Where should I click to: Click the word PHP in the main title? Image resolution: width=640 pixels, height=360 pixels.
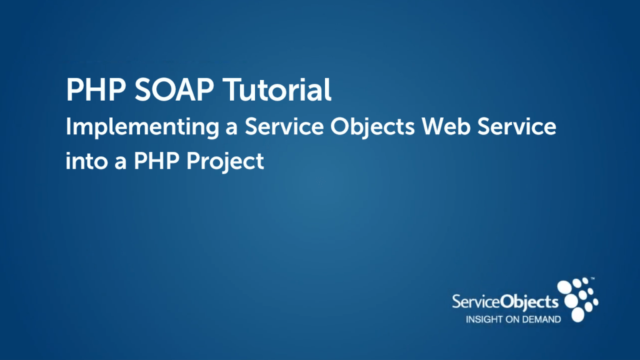(96, 89)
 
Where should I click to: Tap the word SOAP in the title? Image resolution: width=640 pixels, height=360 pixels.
(174, 89)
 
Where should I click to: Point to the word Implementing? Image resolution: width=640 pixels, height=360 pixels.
(142, 127)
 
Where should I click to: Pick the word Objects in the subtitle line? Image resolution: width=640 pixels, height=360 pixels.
(372, 127)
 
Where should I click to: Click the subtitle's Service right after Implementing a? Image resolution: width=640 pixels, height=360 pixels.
(284, 126)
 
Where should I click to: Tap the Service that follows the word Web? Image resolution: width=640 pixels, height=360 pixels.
(516, 126)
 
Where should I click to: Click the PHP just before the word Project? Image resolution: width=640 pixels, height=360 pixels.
(157, 161)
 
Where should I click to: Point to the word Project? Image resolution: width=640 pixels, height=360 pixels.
(225, 162)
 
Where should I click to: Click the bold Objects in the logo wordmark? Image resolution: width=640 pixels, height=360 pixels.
(529, 302)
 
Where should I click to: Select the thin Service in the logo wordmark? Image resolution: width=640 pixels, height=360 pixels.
(476, 302)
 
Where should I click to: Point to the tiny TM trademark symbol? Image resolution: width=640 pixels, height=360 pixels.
(592, 279)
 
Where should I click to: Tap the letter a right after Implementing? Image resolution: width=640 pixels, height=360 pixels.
(232, 129)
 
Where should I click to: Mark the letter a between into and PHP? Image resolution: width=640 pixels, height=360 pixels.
(121, 163)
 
